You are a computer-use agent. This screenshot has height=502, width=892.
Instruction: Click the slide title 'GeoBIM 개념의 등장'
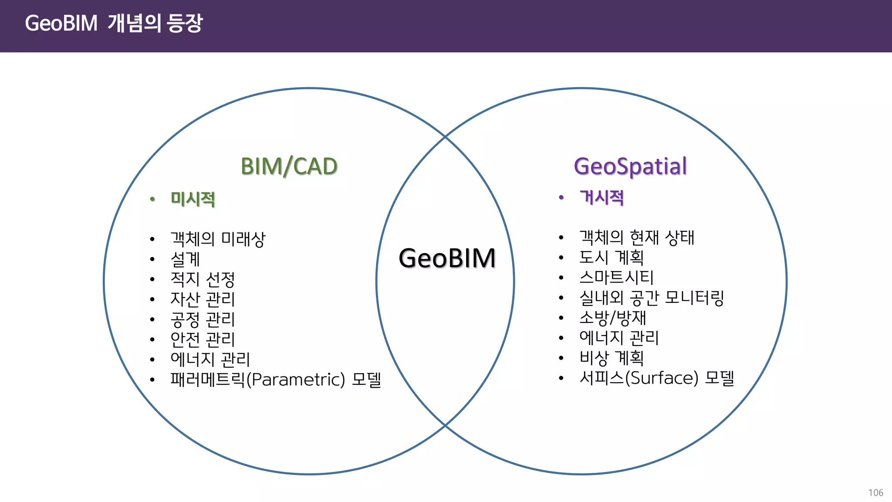(114, 23)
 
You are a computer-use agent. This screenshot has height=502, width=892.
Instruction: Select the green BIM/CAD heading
(289, 166)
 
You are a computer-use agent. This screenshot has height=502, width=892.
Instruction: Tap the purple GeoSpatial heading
(630, 166)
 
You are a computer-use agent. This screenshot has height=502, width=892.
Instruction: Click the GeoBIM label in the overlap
(447, 258)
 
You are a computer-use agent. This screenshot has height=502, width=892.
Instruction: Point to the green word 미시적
(193, 199)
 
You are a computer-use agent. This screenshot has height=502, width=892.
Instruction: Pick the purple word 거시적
(601, 197)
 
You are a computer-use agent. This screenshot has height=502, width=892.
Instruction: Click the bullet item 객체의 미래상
(217, 239)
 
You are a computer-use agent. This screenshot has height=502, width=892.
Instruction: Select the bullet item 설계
(185, 259)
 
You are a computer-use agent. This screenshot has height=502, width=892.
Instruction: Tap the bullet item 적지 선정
(203, 279)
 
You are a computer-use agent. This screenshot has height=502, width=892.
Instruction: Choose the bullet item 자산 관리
(203, 299)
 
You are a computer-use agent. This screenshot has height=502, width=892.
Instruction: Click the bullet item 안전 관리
(203, 339)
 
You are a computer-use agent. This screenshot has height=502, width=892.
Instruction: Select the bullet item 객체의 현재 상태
(636, 237)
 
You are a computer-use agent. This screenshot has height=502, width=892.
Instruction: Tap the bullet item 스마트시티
(616, 278)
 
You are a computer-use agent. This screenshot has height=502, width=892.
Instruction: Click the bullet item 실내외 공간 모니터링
(651, 298)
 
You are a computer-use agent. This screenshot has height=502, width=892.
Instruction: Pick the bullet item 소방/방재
(612, 318)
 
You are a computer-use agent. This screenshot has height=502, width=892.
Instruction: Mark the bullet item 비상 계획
(611, 358)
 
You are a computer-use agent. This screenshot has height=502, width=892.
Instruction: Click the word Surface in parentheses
(662, 378)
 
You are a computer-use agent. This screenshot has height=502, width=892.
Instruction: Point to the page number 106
(875, 493)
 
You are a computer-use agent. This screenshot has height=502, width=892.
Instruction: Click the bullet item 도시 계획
(611, 258)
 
